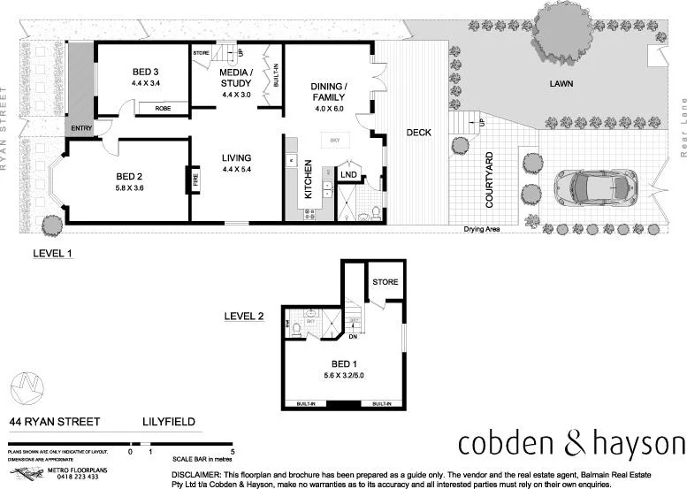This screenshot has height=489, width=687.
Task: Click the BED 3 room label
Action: click(146, 71)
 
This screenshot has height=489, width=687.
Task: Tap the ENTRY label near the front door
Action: click(81, 129)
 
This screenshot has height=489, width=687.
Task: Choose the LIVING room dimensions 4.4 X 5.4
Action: click(237, 169)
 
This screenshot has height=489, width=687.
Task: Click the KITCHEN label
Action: click(309, 178)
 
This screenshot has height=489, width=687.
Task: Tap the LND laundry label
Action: click(347, 175)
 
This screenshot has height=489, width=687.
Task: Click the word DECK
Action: click(418, 133)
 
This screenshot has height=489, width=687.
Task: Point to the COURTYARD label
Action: click(489, 180)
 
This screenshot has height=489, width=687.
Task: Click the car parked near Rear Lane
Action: click(595, 187)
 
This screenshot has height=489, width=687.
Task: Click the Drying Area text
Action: click(483, 230)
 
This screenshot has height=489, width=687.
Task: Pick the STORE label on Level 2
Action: click(385, 283)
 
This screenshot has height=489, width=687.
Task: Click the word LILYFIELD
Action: click(169, 422)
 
